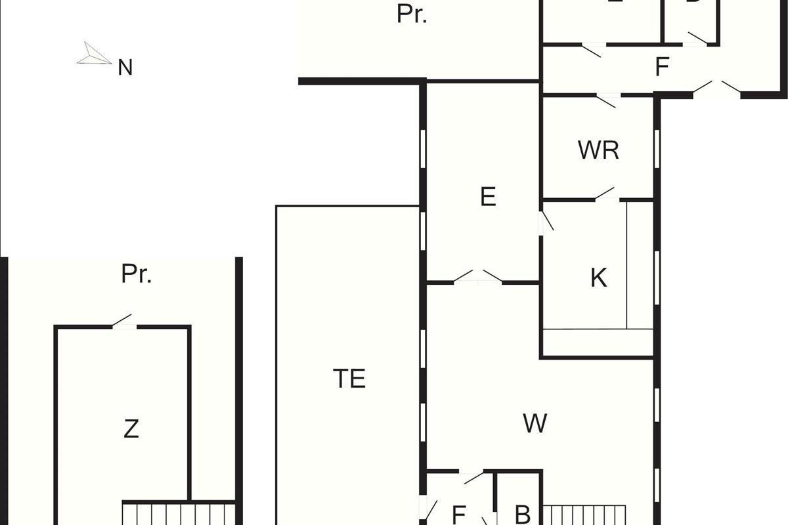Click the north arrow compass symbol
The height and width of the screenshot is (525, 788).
94,54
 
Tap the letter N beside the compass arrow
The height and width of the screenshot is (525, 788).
125,68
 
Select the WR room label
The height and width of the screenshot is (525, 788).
598,150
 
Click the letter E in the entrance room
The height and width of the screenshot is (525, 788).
487,197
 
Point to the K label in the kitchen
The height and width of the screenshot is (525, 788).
598,278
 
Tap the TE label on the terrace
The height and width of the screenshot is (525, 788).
349,379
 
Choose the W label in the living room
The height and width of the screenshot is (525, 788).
535,423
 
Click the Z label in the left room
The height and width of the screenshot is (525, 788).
131,429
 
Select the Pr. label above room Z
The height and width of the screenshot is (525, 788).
137,274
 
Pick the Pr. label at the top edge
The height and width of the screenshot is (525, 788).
412,14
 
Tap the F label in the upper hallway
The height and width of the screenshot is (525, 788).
662,67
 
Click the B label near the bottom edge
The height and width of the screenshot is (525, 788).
522,514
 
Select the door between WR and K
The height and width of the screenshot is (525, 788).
605,194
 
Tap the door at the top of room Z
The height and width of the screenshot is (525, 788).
123,322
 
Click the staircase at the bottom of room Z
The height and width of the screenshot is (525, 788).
178,513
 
